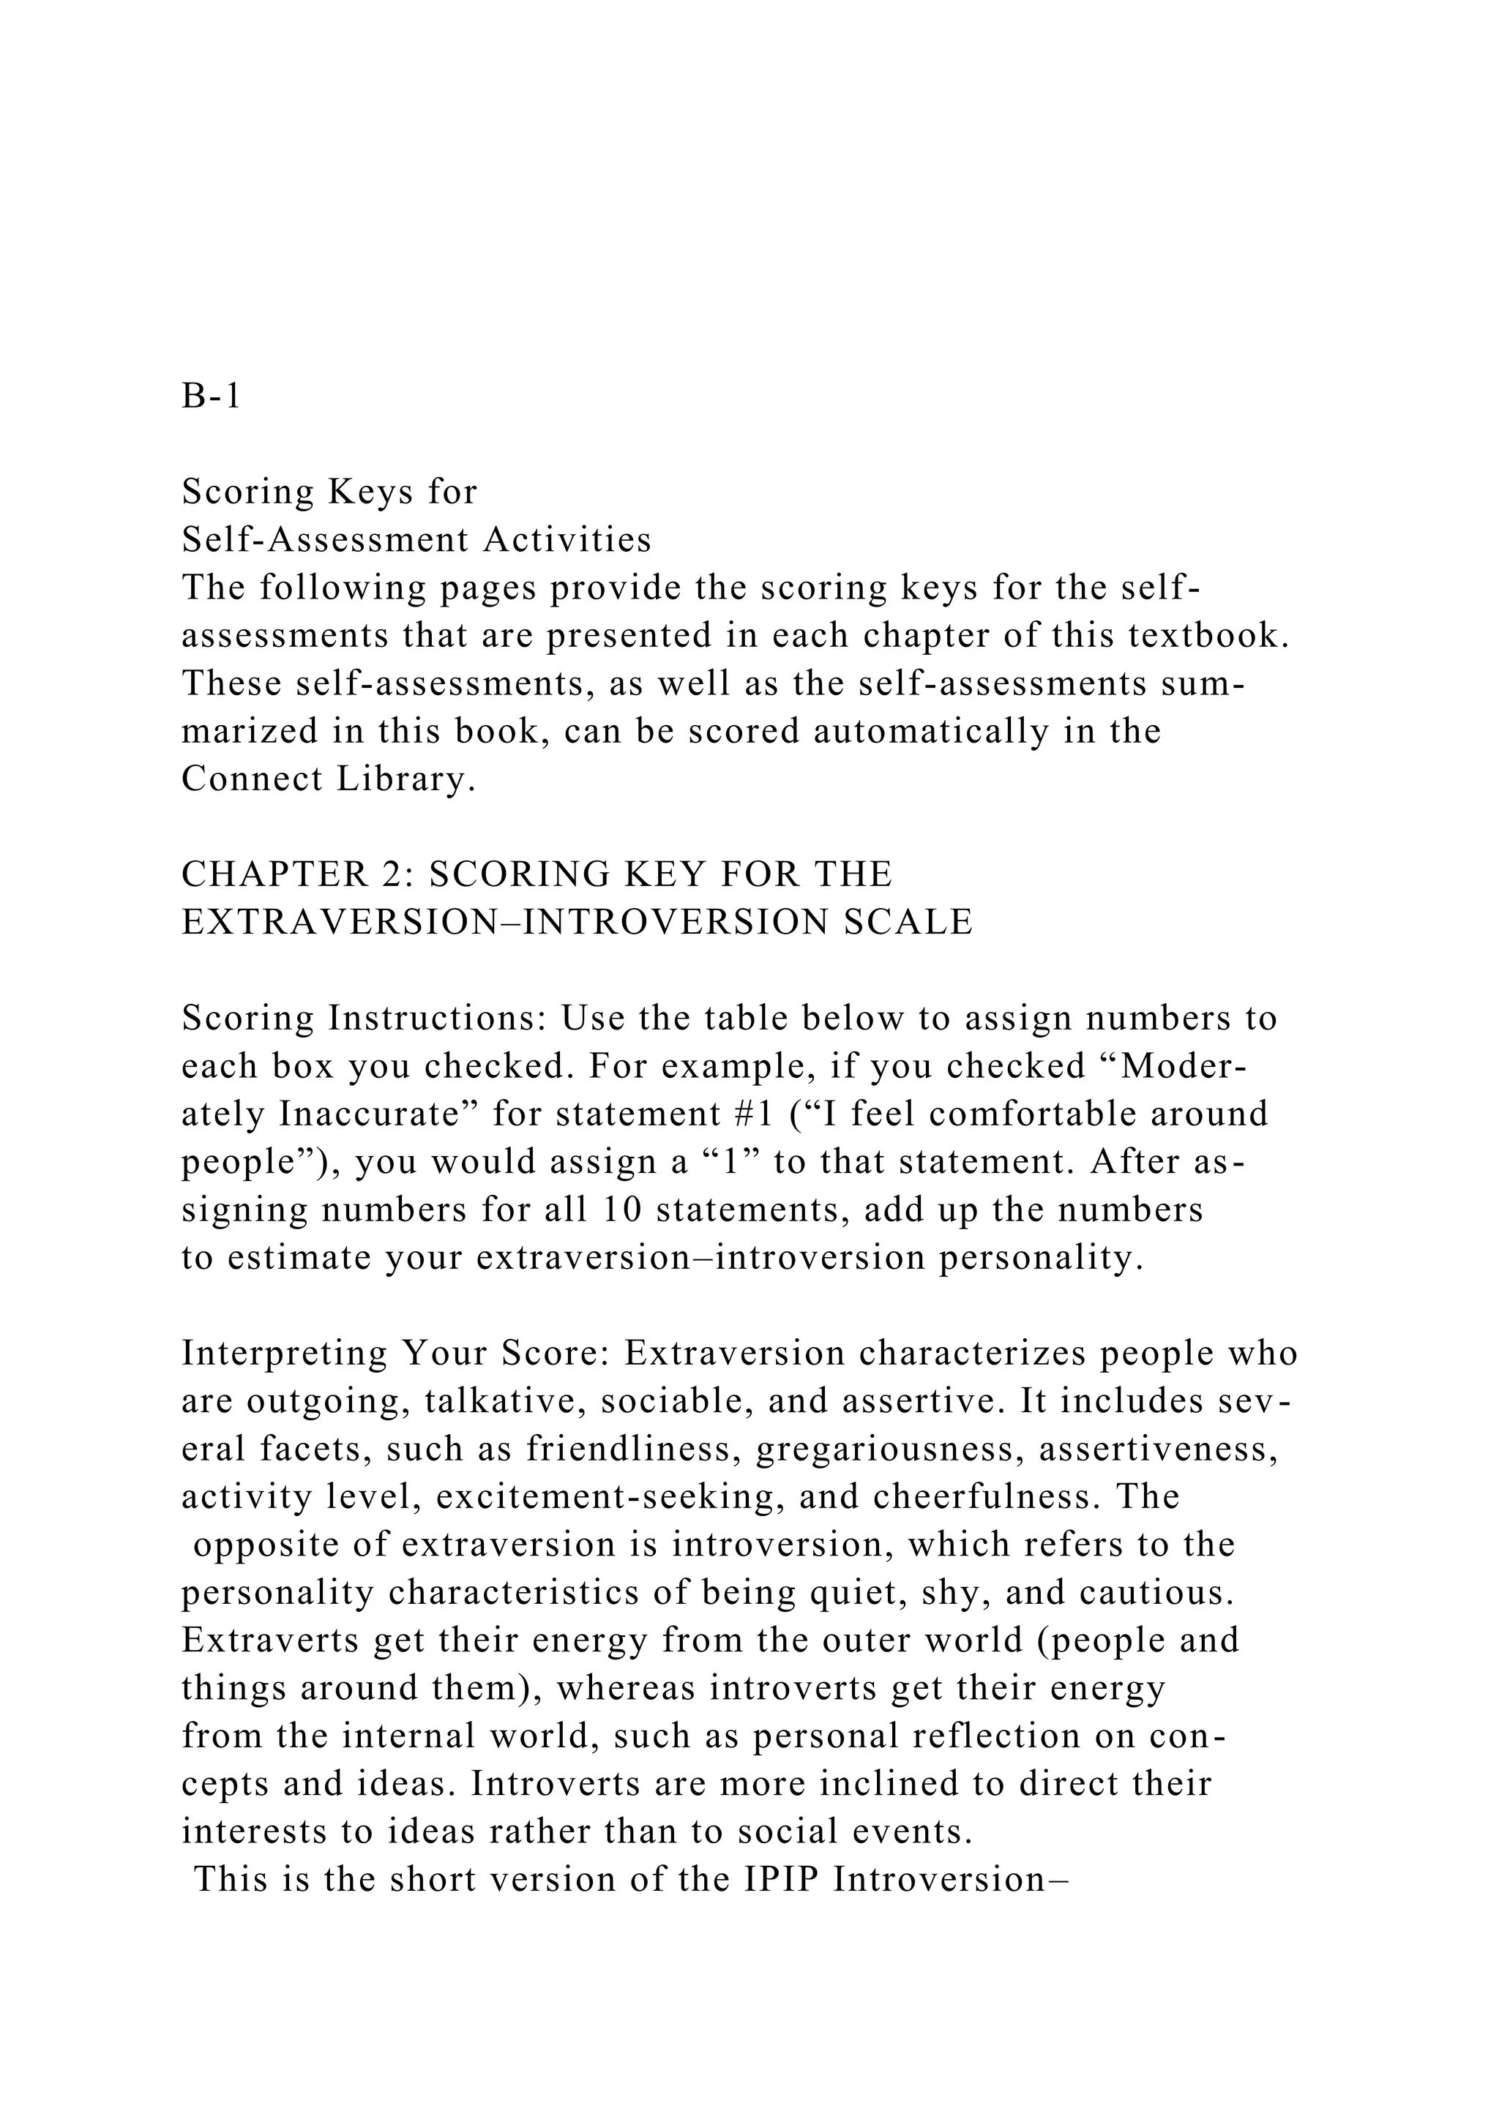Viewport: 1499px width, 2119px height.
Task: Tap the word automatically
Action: pos(931,731)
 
